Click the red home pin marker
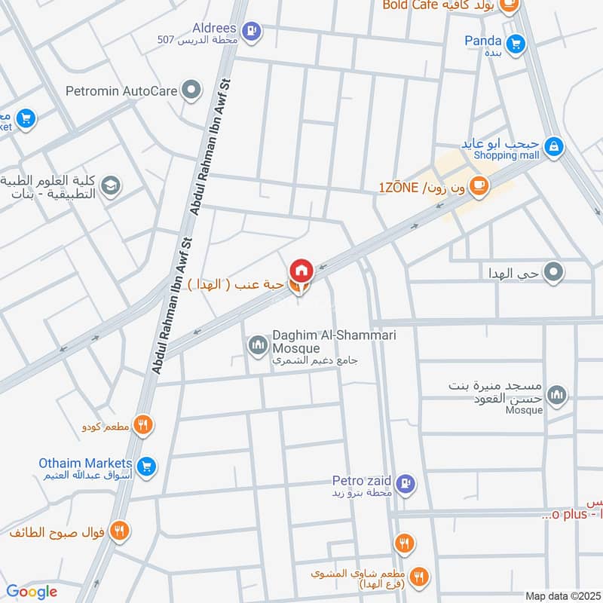click(301, 269)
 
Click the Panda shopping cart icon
click(516, 44)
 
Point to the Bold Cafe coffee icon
click(510, 5)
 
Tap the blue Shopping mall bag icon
click(554, 146)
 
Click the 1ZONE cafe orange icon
click(479, 186)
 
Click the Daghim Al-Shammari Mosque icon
click(257, 345)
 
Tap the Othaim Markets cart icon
click(147, 467)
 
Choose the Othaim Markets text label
click(86, 463)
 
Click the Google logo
click(31, 592)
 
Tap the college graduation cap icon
click(111, 185)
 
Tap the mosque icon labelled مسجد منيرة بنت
click(557, 395)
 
